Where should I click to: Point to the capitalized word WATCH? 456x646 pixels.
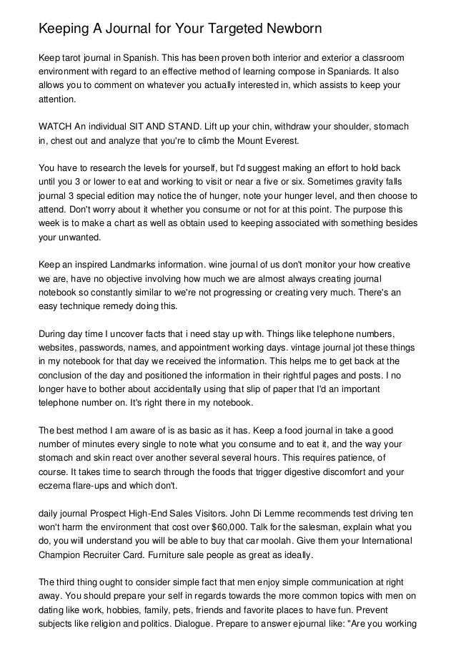[x=54, y=127]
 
